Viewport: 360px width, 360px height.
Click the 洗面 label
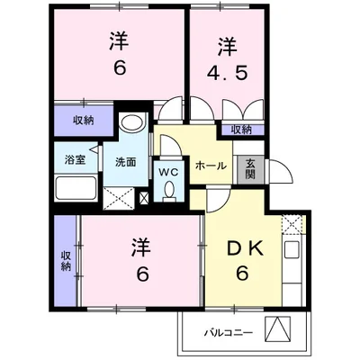tap(126, 164)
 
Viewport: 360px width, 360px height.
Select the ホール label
tap(211, 166)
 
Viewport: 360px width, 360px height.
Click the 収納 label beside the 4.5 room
tap(240, 130)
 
